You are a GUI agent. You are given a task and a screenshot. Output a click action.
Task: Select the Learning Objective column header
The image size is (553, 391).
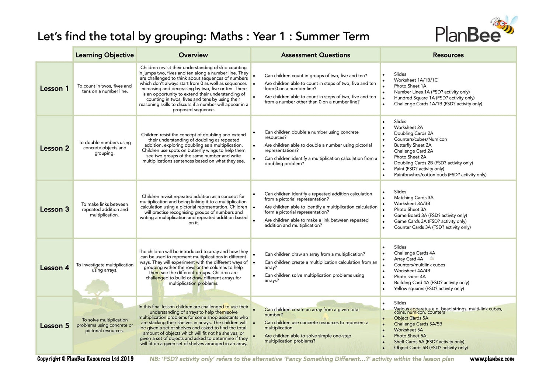pos(104,55)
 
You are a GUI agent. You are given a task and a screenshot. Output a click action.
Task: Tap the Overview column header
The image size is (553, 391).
pos(193,55)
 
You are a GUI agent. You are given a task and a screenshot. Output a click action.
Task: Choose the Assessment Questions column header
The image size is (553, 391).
pos(315,55)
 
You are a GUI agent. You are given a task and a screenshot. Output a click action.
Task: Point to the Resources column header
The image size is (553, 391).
pos(448,55)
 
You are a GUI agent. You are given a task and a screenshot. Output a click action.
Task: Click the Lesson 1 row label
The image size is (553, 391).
pos(54,88)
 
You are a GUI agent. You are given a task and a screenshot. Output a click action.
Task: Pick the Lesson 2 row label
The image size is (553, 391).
pos(55,148)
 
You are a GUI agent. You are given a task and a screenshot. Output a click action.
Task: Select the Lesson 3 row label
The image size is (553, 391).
pos(55,209)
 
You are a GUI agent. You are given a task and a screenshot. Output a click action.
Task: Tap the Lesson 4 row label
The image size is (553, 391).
pos(55,268)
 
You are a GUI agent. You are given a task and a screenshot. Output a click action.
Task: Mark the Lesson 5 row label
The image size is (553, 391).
pos(55,326)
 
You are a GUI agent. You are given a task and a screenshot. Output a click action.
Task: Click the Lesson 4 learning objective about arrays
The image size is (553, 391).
pos(105,268)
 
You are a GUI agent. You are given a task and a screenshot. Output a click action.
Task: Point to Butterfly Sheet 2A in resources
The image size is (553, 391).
pos(413,145)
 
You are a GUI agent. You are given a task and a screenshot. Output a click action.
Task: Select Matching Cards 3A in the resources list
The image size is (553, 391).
pos(414,198)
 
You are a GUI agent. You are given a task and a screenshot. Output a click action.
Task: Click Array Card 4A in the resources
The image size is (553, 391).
pos(408,259)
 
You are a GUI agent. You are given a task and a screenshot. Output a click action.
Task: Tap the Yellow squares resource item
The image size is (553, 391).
pos(429,289)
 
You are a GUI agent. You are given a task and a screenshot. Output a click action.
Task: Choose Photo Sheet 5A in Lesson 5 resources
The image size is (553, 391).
pos(410,336)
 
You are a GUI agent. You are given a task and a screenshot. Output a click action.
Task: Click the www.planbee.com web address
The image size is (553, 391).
pos(492,359)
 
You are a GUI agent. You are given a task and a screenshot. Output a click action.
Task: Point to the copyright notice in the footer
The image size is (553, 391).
pos(85,359)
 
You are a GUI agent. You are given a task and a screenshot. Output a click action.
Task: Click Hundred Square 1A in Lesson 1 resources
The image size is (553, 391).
pos(434,98)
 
